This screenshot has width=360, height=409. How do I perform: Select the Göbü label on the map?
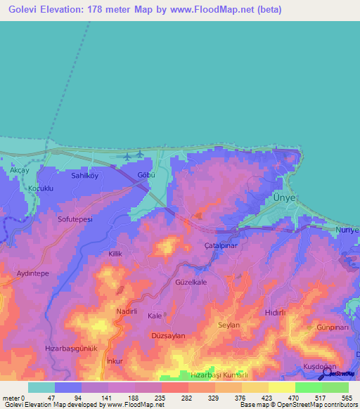pos(146,176)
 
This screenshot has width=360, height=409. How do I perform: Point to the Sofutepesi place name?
pos(75,219)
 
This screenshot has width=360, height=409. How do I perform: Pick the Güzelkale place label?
pos(190,282)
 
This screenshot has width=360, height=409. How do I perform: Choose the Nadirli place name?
pos(130,310)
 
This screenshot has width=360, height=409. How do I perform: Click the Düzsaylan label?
pos(169,336)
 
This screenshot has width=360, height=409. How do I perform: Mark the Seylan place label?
pos(229,325)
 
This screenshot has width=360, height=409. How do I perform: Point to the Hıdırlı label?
pos(274,311)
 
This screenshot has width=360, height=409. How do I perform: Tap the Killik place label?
pos(116,252)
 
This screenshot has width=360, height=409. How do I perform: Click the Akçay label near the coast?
pos(20,171)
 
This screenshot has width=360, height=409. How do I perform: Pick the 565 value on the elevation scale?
pos(347,396)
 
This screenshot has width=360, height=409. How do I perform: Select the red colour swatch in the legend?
pos(174,387)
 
